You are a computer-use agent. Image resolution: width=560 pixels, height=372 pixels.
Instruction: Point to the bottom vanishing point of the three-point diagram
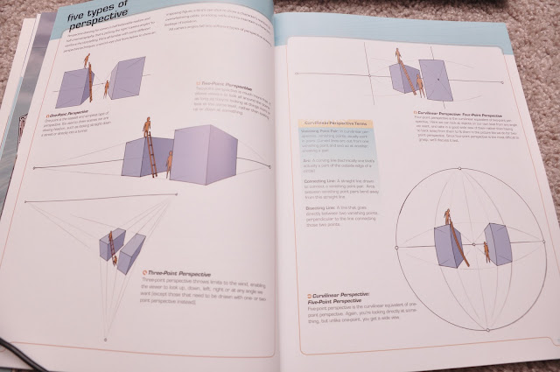tap(105, 340)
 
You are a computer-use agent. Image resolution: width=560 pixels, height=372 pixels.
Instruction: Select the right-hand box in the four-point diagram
tap(435, 80)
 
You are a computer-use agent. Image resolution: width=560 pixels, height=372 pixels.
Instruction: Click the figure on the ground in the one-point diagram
tap(107, 88)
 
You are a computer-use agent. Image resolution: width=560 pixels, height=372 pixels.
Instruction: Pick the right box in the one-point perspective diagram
tap(128, 79)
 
